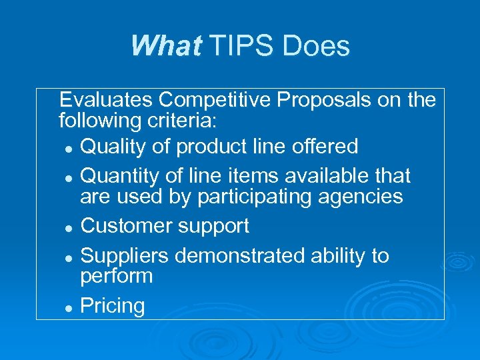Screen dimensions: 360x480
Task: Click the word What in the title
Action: pyautogui.click(x=165, y=47)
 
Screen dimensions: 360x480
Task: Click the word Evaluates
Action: pyautogui.click(x=106, y=100)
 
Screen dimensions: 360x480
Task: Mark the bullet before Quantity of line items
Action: pyautogui.click(x=69, y=178)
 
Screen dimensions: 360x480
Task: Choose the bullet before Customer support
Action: pyautogui.click(x=69, y=228)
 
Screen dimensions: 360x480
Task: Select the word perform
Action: pyautogui.click(x=116, y=277)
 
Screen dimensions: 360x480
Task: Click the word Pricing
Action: pyautogui.click(x=112, y=306)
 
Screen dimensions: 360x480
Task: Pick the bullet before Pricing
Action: pyautogui.click(x=69, y=308)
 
